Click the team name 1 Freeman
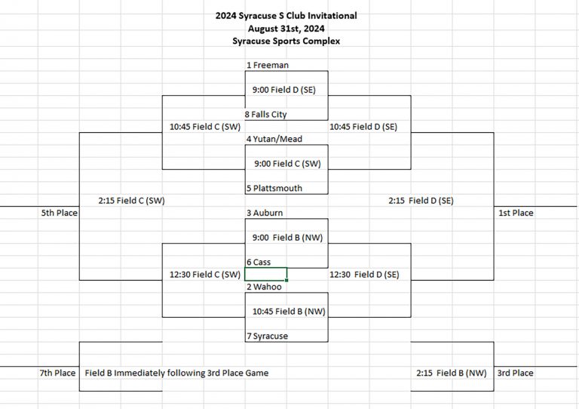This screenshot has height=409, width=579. point(268,66)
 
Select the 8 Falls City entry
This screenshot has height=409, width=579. point(266,115)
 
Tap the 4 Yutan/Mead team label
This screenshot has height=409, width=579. point(274,139)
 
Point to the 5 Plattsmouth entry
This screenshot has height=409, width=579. point(274,189)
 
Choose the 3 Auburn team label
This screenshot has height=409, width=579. point(265,213)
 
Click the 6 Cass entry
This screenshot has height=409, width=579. point(259,263)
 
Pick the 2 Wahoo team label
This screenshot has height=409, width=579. point(264,287)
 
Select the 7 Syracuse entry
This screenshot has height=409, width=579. point(268,337)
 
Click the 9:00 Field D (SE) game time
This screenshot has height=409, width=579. point(284,90)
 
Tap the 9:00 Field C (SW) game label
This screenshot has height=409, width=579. point(288,164)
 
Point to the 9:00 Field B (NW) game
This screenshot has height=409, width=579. point(288,238)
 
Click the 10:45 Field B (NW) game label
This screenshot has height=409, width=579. point(289,312)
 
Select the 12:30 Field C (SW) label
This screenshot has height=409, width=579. point(205,275)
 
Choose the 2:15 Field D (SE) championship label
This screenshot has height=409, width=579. point(421,201)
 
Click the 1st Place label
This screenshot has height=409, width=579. point(516,213)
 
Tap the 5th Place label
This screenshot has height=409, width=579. point(60,213)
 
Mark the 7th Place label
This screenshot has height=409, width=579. point(57,374)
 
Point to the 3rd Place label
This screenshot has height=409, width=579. point(515,374)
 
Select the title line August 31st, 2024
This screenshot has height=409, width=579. point(286,29)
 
